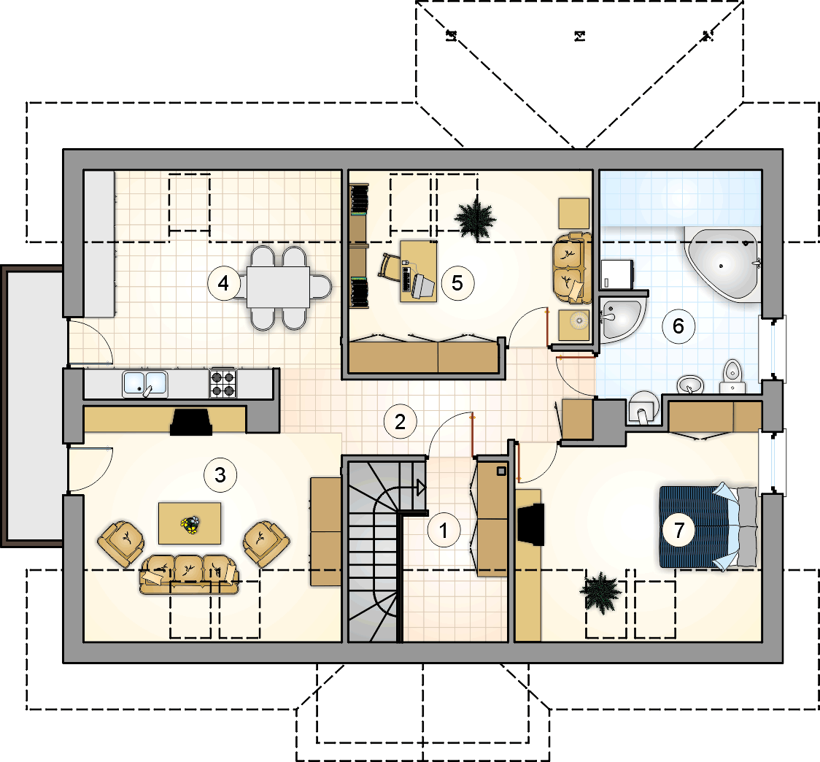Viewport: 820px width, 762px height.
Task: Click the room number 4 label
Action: [224, 283]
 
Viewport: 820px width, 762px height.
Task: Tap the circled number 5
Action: [457, 283]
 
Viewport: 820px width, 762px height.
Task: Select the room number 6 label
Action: [678, 326]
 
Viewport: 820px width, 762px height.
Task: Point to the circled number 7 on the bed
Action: [678, 530]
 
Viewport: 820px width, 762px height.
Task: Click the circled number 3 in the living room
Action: [220, 474]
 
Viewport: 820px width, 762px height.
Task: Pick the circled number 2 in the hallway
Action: [400, 421]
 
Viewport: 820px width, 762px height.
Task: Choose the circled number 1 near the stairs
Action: [444, 530]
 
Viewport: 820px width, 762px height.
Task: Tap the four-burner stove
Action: [223, 383]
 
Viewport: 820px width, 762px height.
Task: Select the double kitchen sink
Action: [145, 384]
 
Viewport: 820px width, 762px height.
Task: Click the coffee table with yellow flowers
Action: [189, 523]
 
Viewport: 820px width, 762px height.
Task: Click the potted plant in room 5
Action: [476, 219]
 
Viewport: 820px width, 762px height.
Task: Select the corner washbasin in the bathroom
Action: [621, 319]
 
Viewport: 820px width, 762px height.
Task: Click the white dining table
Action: [278, 287]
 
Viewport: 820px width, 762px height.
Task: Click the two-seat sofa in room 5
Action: [572, 269]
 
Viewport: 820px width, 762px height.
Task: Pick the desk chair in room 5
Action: [390, 267]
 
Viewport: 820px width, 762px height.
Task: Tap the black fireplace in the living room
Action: [191, 422]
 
